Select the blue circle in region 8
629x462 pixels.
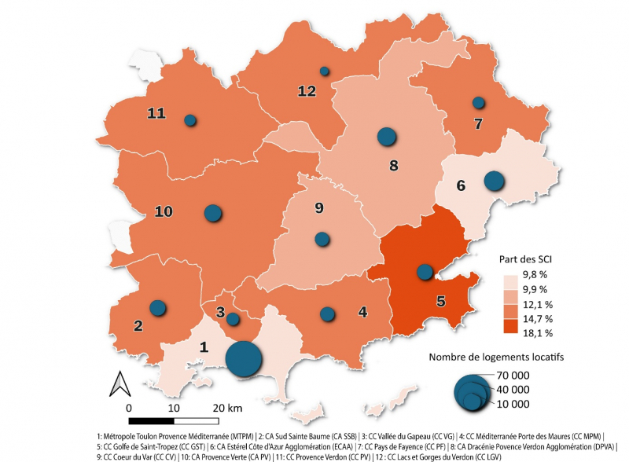386,137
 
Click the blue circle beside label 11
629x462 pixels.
189,120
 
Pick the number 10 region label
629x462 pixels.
164,211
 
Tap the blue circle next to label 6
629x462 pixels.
494,181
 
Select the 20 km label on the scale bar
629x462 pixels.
228,408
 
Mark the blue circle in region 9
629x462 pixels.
321,239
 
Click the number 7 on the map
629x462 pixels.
476,123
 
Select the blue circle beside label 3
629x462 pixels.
233,319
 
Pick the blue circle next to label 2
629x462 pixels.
158,308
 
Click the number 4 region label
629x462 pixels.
362,312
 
